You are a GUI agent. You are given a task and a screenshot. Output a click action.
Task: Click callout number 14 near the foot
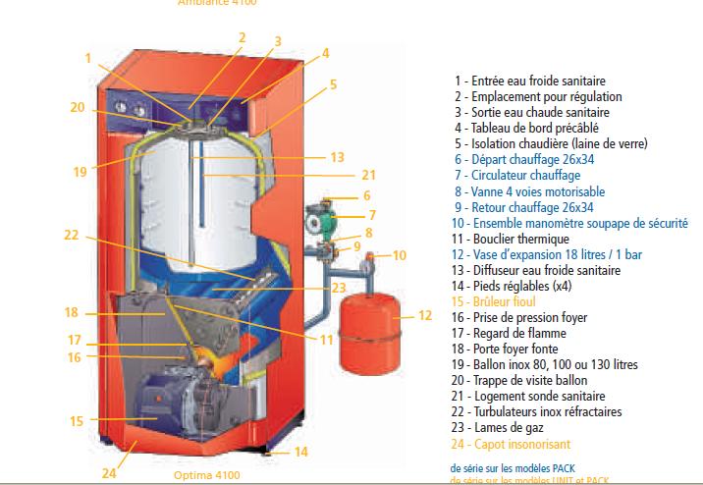(301, 452)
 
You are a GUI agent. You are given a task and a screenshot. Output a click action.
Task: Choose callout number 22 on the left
(72, 235)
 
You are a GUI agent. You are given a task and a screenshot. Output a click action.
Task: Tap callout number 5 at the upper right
(333, 84)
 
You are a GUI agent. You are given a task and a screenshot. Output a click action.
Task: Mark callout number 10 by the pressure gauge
(399, 255)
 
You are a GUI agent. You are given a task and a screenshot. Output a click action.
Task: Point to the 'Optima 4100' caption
(206, 475)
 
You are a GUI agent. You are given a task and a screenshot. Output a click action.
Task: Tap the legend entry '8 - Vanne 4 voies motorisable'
(543, 191)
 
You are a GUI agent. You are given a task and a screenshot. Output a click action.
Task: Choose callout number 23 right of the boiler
(339, 289)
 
